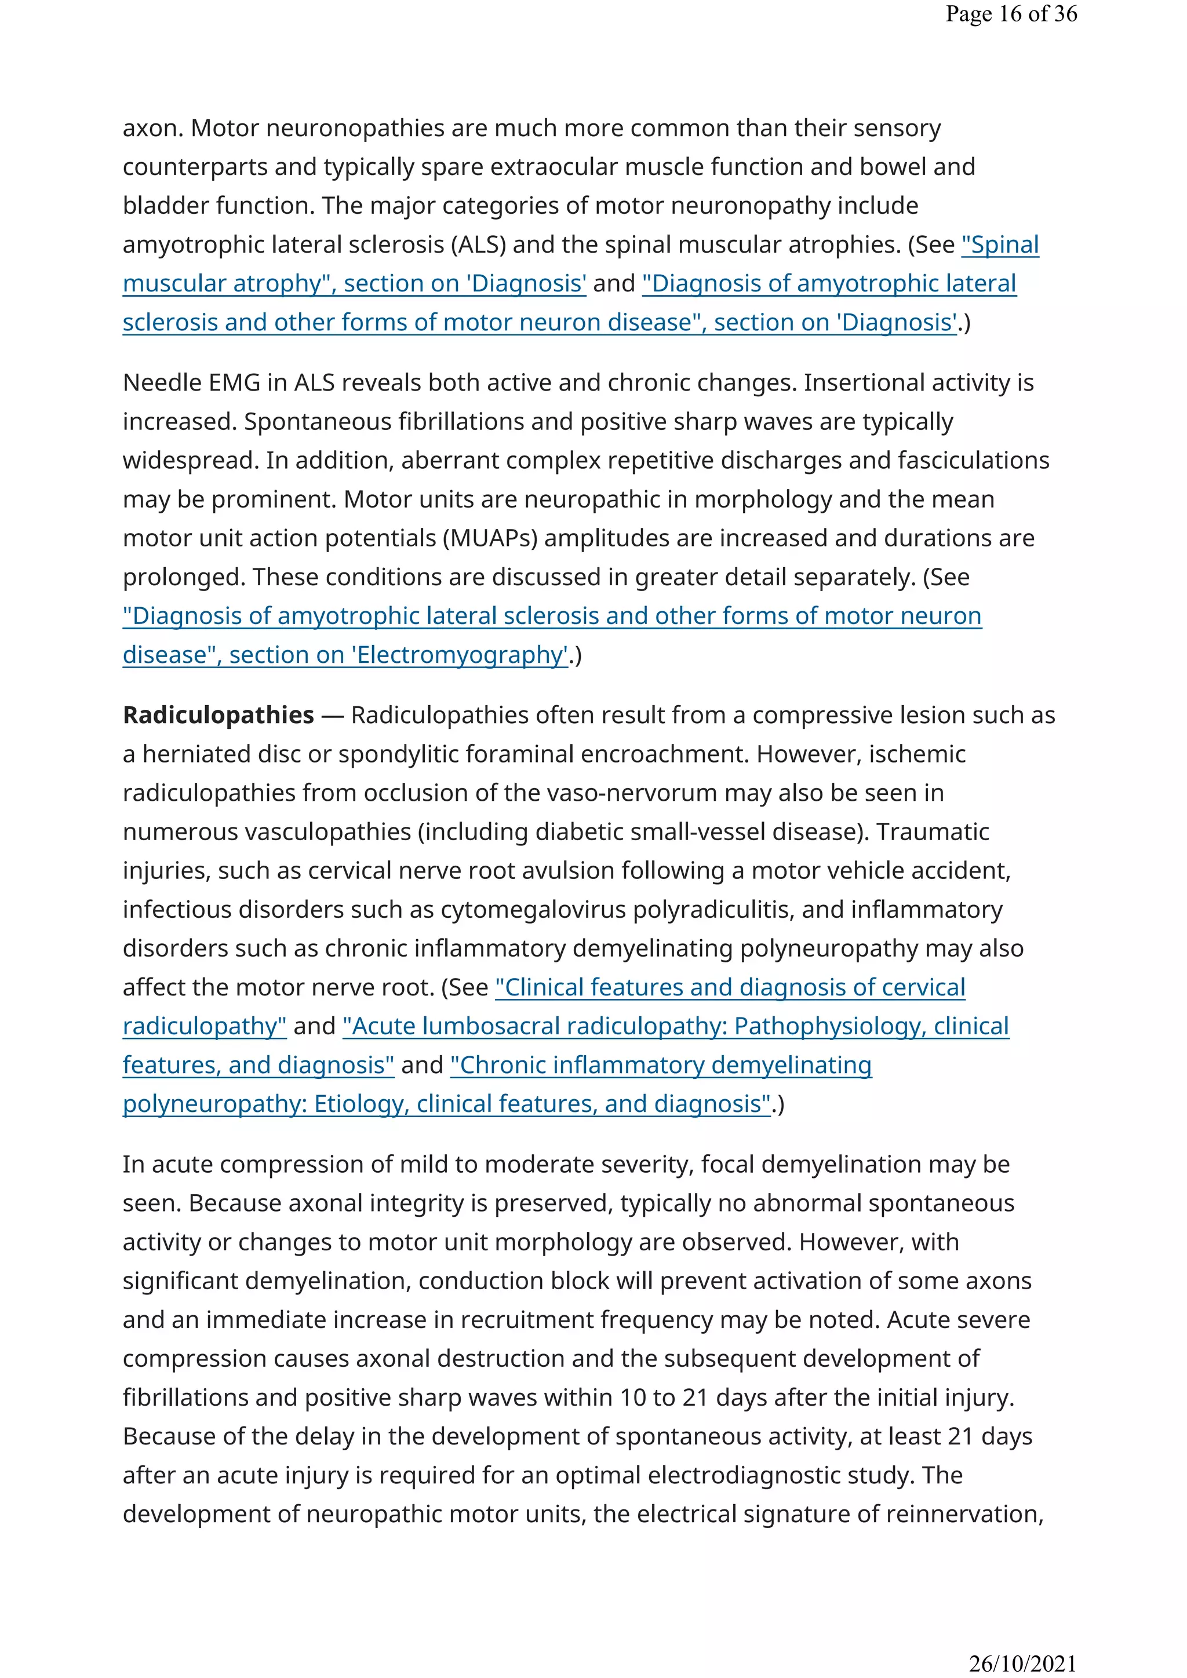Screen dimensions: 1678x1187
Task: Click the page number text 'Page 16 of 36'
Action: click(x=1011, y=14)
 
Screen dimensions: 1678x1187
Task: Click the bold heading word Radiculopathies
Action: click(x=218, y=715)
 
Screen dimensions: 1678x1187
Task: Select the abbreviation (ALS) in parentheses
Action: click(x=478, y=244)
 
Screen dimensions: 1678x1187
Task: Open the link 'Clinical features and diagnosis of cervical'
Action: click(x=730, y=987)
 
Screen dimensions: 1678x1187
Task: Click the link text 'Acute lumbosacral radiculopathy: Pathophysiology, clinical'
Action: click(x=675, y=1026)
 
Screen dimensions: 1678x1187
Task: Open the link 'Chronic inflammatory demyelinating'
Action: click(x=661, y=1065)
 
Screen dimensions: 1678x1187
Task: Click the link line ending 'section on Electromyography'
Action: click(x=345, y=655)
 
